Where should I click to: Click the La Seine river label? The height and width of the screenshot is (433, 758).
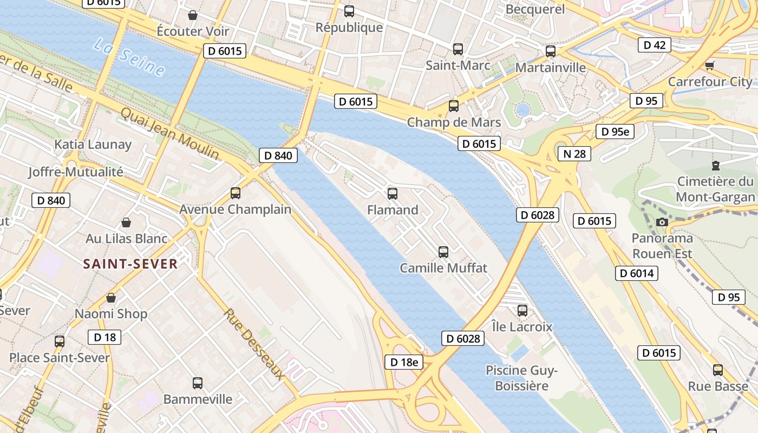tap(129, 57)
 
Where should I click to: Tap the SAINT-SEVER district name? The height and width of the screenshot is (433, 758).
tap(130, 264)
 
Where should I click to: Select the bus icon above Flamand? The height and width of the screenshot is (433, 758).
tap(393, 193)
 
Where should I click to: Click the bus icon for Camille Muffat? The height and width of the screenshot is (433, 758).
tap(443, 252)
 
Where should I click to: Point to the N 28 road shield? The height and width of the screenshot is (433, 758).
tap(574, 154)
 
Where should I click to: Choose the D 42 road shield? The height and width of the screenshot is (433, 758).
tap(654, 45)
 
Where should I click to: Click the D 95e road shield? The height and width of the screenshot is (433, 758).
tap(615, 132)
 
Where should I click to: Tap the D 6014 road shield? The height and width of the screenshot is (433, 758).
tap(637, 273)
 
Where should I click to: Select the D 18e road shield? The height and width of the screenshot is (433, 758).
tap(404, 362)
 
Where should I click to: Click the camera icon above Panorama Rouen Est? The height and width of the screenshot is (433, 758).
tap(662, 222)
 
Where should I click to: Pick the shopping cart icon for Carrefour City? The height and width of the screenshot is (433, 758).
tap(709, 66)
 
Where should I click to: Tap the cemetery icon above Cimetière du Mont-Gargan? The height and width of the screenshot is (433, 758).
tap(716, 166)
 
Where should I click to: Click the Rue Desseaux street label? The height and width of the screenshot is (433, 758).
tap(254, 344)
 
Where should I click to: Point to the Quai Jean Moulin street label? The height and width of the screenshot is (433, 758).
tap(170, 133)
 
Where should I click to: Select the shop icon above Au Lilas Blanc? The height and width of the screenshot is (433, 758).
tap(126, 222)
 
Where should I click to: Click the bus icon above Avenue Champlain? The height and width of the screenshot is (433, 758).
tap(236, 193)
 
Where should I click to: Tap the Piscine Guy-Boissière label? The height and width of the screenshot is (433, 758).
tap(521, 378)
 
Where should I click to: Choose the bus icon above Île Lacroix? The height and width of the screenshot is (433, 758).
tap(522, 311)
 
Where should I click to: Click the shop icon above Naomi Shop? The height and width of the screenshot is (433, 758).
tap(111, 298)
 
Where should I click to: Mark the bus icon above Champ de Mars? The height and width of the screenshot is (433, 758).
tap(454, 106)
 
